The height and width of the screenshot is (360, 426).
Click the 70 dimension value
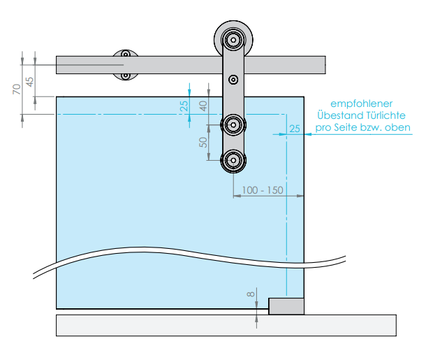pos(17,89)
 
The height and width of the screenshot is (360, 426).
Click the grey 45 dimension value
pos(29,82)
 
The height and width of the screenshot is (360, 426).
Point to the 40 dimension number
pos(203,106)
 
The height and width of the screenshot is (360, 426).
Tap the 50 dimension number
pos(203,142)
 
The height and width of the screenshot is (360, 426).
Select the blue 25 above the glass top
pos(184,106)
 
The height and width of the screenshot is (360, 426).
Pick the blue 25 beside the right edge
pos(295,129)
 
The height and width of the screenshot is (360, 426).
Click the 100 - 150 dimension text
pos(263,190)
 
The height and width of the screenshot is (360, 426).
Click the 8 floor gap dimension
pos(251,294)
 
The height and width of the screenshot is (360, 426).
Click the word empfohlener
pos(361,104)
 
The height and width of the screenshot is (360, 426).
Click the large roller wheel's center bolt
pos(233,40)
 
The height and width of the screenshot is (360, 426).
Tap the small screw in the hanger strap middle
pos(233,80)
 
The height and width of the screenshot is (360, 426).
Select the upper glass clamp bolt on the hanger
pos(233,125)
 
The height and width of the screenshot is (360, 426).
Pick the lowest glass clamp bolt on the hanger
pos(233,160)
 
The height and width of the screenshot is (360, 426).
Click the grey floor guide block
pos(286,306)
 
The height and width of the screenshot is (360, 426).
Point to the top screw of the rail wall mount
pos(126,55)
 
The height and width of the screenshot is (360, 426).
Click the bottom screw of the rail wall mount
pos(126,75)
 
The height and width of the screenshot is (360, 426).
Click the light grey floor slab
pos(226,326)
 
